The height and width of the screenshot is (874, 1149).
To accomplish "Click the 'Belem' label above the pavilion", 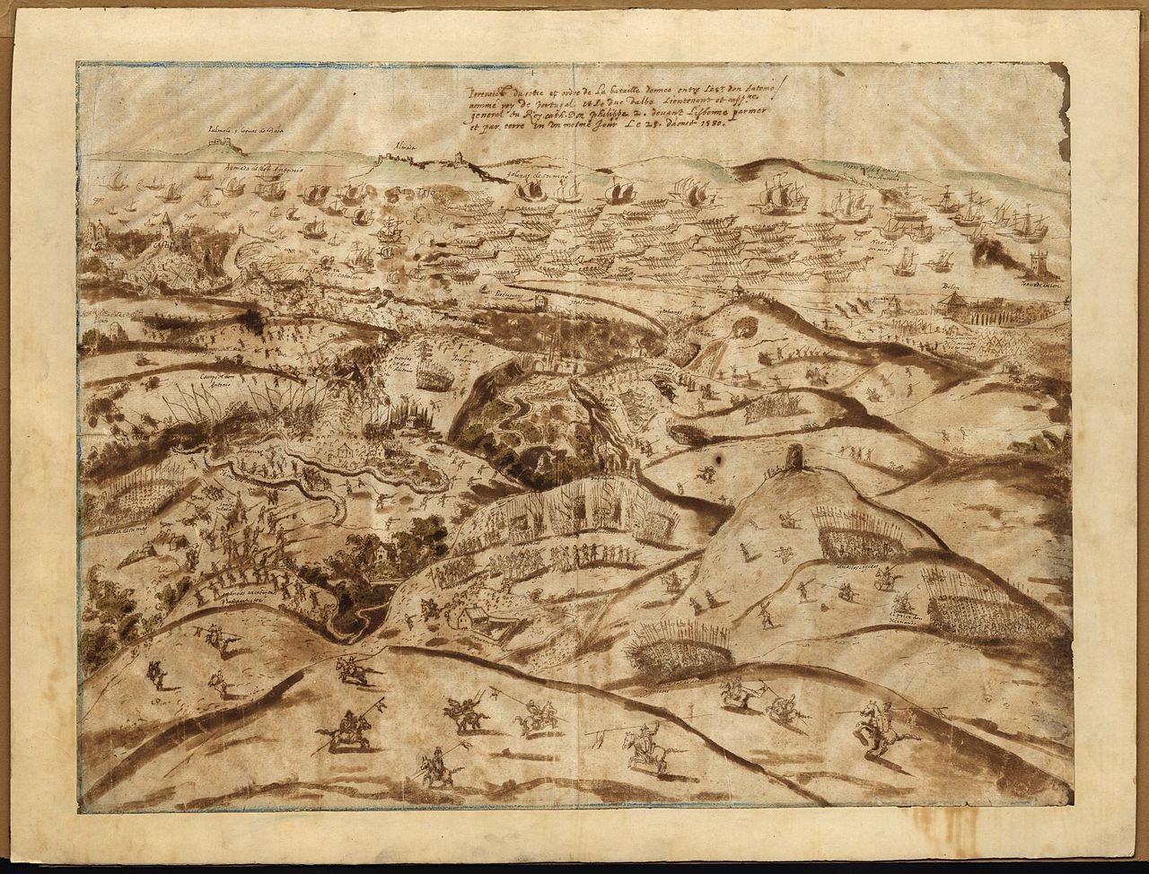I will coord(948,292).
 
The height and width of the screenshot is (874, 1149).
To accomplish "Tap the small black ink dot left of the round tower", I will coord(719,460).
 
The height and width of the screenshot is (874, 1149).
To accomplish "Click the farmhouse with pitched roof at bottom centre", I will coord(467,618).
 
